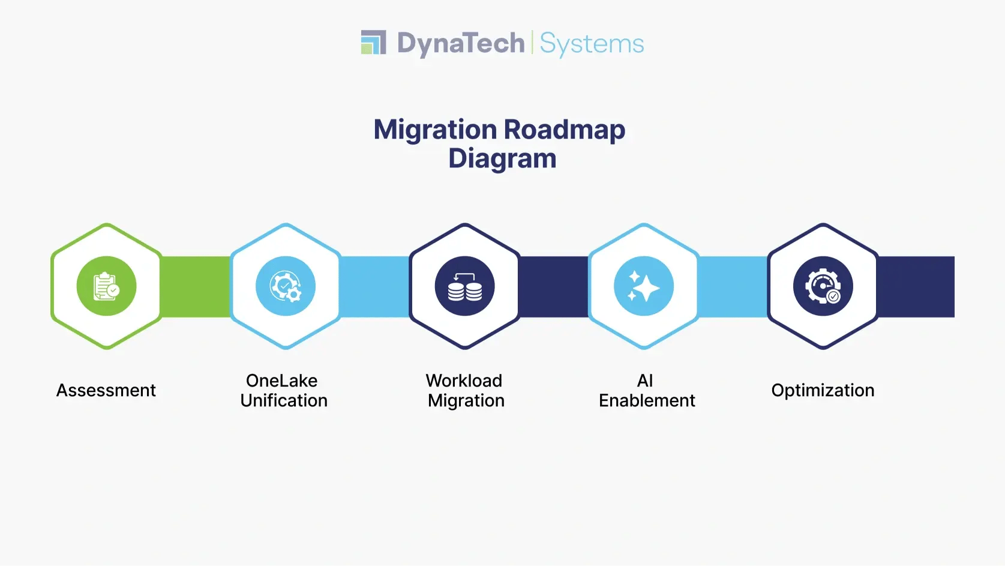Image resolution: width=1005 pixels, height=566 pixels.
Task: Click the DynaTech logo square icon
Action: coord(373,43)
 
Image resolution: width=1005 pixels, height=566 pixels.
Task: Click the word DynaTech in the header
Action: coord(460,44)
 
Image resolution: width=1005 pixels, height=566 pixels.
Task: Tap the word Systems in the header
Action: coord(592,44)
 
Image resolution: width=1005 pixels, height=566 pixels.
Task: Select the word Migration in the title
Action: coord(435,130)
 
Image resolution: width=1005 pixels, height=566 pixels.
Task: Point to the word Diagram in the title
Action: coord(502,158)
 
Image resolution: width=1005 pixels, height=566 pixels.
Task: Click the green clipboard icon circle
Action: coord(106,286)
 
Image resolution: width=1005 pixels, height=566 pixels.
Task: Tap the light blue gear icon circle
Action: coord(286,286)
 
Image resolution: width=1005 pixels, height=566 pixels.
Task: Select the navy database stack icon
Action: coord(464,286)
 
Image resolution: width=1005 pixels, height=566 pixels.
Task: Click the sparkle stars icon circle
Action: coord(644,286)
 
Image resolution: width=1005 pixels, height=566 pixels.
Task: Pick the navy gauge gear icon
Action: coord(823,286)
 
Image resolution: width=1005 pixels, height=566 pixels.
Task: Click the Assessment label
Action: coord(106,390)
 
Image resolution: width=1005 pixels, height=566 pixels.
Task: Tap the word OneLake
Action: coord(281,381)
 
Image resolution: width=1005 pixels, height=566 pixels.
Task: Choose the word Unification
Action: coord(284,400)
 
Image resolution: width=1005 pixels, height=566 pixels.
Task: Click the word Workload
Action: coord(464,381)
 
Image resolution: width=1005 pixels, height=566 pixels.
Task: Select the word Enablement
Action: coord(647,400)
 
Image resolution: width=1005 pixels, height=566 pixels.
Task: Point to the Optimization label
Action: coord(823,390)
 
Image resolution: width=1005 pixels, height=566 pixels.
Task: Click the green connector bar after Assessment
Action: coord(196,286)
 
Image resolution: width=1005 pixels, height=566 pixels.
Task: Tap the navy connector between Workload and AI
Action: coord(553,286)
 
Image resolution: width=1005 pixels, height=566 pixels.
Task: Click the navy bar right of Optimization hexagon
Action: coord(916,286)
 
